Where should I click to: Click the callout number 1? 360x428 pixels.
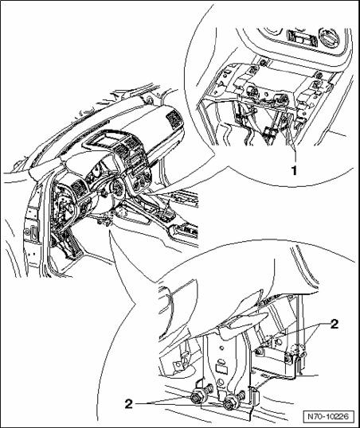click(x=294, y=170)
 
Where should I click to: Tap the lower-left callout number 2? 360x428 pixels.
click(x=129, y=403)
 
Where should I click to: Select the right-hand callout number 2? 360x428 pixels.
click(x=334, y=325)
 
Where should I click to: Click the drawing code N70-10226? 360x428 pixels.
click(x=328, y=416)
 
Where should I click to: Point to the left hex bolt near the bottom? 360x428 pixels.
click(x=196, y=395)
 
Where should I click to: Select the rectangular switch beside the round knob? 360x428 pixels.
click(x=302, y=38)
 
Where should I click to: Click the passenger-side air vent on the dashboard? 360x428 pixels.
click(x=174, y=119)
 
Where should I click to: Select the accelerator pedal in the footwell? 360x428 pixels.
click(x=72, y=245)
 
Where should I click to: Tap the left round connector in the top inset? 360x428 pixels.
click(x=251, y=91)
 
